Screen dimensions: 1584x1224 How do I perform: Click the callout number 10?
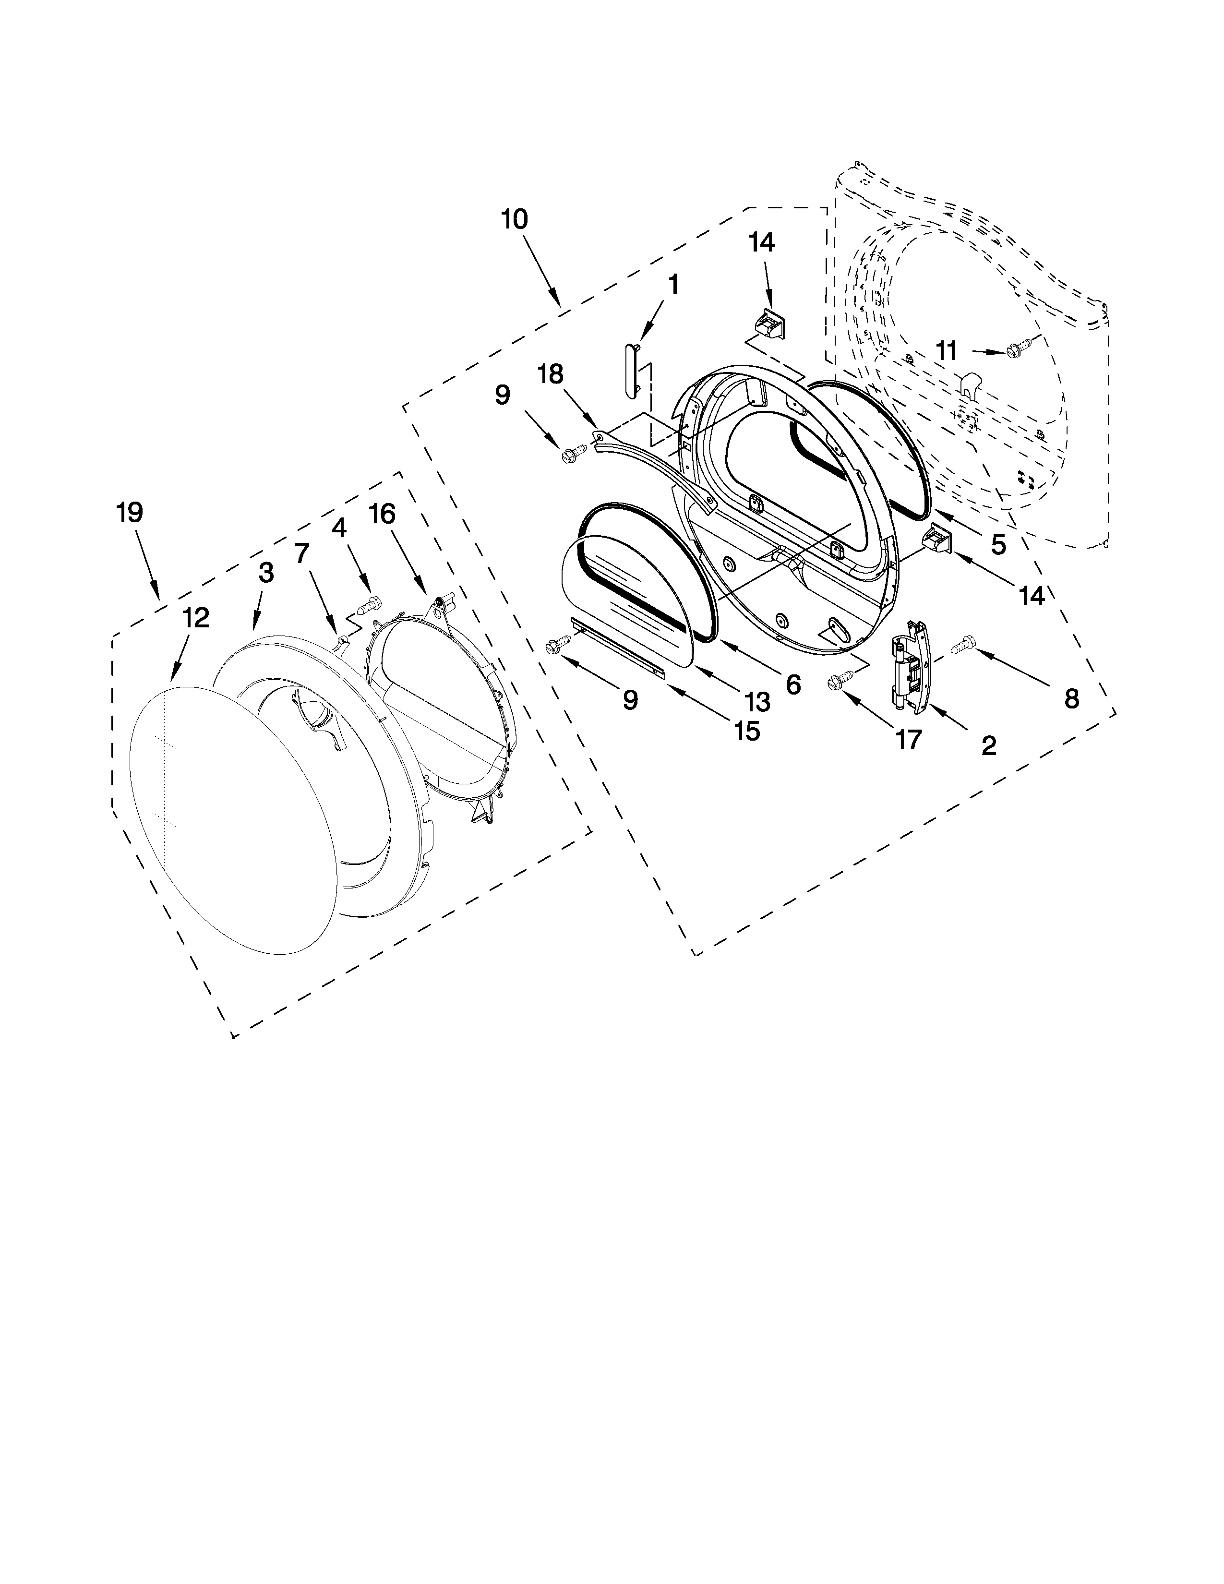click(514, 219)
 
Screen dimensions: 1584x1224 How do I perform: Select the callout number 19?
click(130, 513)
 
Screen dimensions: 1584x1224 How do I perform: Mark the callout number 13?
click(757, 701)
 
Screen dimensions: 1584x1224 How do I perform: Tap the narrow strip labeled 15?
click(618, 647)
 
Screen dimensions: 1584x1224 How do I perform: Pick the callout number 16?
click(382, 514)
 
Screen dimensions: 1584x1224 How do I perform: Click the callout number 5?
click(998, 543)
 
